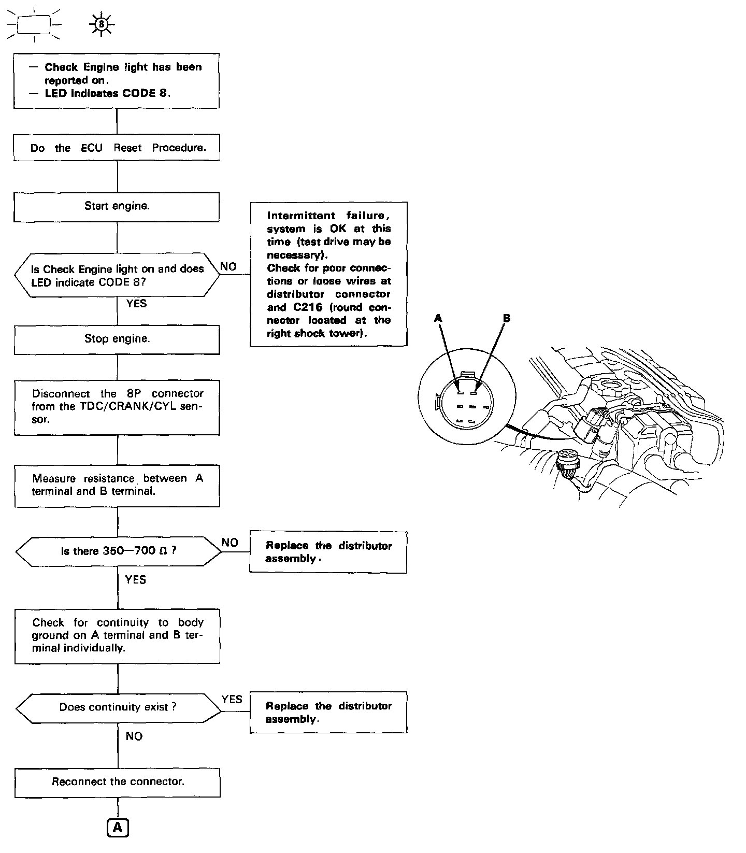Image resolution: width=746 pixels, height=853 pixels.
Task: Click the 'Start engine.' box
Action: [x=117, y=206]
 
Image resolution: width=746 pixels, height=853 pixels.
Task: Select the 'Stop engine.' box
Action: [x=117, y=339]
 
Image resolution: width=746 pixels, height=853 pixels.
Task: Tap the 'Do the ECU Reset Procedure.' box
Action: [x=117, y=148]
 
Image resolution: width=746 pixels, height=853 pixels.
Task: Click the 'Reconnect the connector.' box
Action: [x=118, y=781]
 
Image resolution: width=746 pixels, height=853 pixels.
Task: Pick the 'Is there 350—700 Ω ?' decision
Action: [x=118, y=551]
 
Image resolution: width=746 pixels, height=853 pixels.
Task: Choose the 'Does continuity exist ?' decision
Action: [x=118, y=707]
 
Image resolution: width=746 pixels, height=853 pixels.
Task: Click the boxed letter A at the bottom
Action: [x=118, y=828]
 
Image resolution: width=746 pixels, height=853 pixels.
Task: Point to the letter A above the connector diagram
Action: [x=438, y=318]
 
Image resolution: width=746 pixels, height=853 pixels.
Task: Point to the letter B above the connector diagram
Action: [x=506, y=318]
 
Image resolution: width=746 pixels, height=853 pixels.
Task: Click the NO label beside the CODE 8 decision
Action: [x=228, y=266]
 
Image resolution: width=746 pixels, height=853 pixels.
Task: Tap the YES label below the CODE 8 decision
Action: [x=136, y=304]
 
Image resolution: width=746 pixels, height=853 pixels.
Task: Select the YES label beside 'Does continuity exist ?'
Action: [x=232, y=699]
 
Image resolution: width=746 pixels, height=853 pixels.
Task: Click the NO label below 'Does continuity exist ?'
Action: [x=134, y=736]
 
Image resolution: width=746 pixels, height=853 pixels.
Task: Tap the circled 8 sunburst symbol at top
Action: [x=102, y=24]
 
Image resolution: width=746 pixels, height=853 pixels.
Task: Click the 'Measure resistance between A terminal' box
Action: [x=117, y=485]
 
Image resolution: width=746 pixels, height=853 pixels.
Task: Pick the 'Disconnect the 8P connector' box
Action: [x=117, y=407]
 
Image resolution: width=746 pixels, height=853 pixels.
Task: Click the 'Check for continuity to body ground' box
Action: [x=118, y=635]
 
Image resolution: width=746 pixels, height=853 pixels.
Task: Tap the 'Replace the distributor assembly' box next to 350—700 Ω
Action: [x=328, y=552]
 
